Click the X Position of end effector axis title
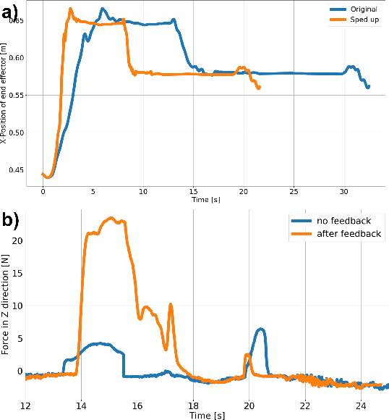coord(5,95)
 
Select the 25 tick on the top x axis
coord(294,190)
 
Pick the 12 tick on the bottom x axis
coord(26,403)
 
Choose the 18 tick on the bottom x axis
coord(193,403)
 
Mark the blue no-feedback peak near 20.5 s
coord(261,329)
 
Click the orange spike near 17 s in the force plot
coord(171,305)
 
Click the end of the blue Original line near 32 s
coord(368,87)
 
